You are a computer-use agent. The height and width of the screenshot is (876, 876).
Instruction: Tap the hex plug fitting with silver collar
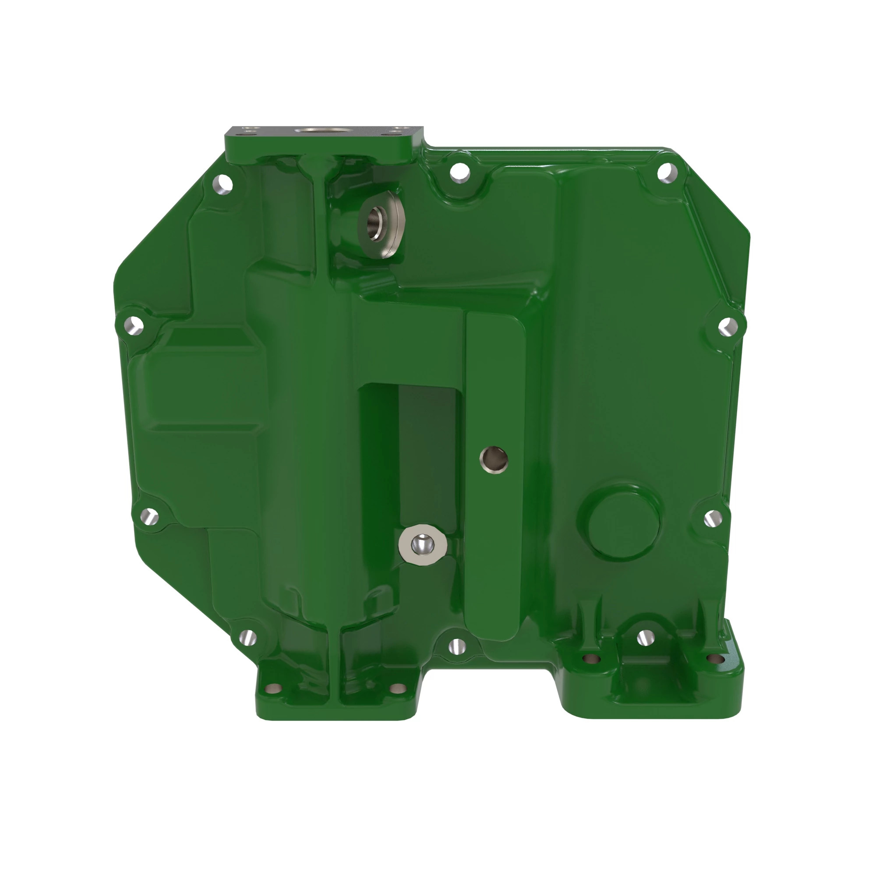[x=422, y=544]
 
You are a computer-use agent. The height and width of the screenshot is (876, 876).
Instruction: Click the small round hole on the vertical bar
[x=493, y=458]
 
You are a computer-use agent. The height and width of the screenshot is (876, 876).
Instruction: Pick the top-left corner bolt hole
[x=223, y=184]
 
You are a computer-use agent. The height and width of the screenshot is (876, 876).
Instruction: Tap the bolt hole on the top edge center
[x=460, y=172]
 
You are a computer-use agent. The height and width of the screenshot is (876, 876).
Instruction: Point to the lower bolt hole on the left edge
[x=149, y=516]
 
